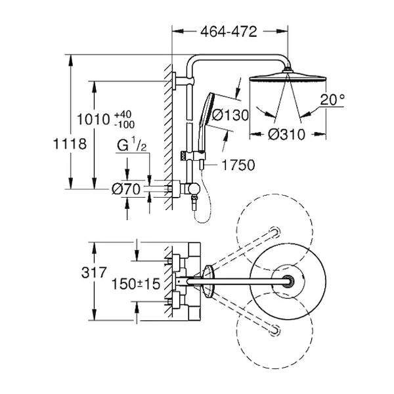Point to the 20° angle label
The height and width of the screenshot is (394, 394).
pos(333,100)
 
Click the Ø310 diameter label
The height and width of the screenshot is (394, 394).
pos(287,135)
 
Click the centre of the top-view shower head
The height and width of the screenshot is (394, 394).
pos(287,281)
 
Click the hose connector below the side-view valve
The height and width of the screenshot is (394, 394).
pos(194,206)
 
